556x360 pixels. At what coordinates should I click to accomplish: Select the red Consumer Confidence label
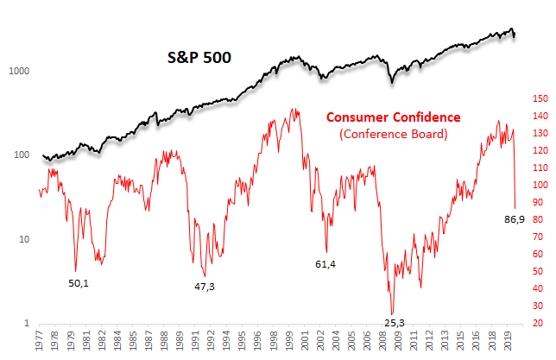coord(393,117)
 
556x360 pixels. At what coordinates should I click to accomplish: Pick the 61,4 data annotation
coord(325,262)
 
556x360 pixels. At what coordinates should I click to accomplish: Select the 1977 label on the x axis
coord(41,344)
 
